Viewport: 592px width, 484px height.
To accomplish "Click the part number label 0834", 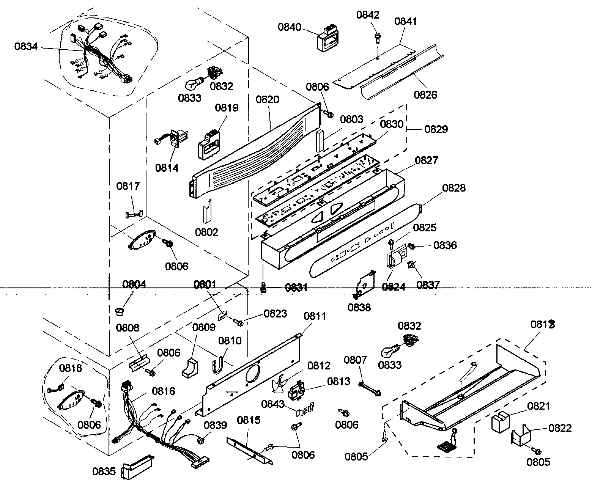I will [x=26, y=47].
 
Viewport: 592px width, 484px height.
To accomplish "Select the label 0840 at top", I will [x=290, y=27].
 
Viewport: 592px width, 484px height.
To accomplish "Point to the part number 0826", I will [x=425, y=94].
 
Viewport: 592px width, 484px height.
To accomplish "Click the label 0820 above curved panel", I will [x=267, y=100].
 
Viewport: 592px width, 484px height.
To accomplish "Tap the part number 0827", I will [x=426, y=160].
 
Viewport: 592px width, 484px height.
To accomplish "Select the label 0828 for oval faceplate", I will [x=454, y=188].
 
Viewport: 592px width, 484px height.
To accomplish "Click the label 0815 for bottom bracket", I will [x=249, y=420].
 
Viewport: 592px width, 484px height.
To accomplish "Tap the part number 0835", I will [x=104, y=471].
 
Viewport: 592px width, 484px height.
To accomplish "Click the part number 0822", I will [x=560, y=428].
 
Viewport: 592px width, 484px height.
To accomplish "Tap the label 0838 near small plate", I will [x=359, y=307].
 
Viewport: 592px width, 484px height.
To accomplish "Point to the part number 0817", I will [x=128, y=186].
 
